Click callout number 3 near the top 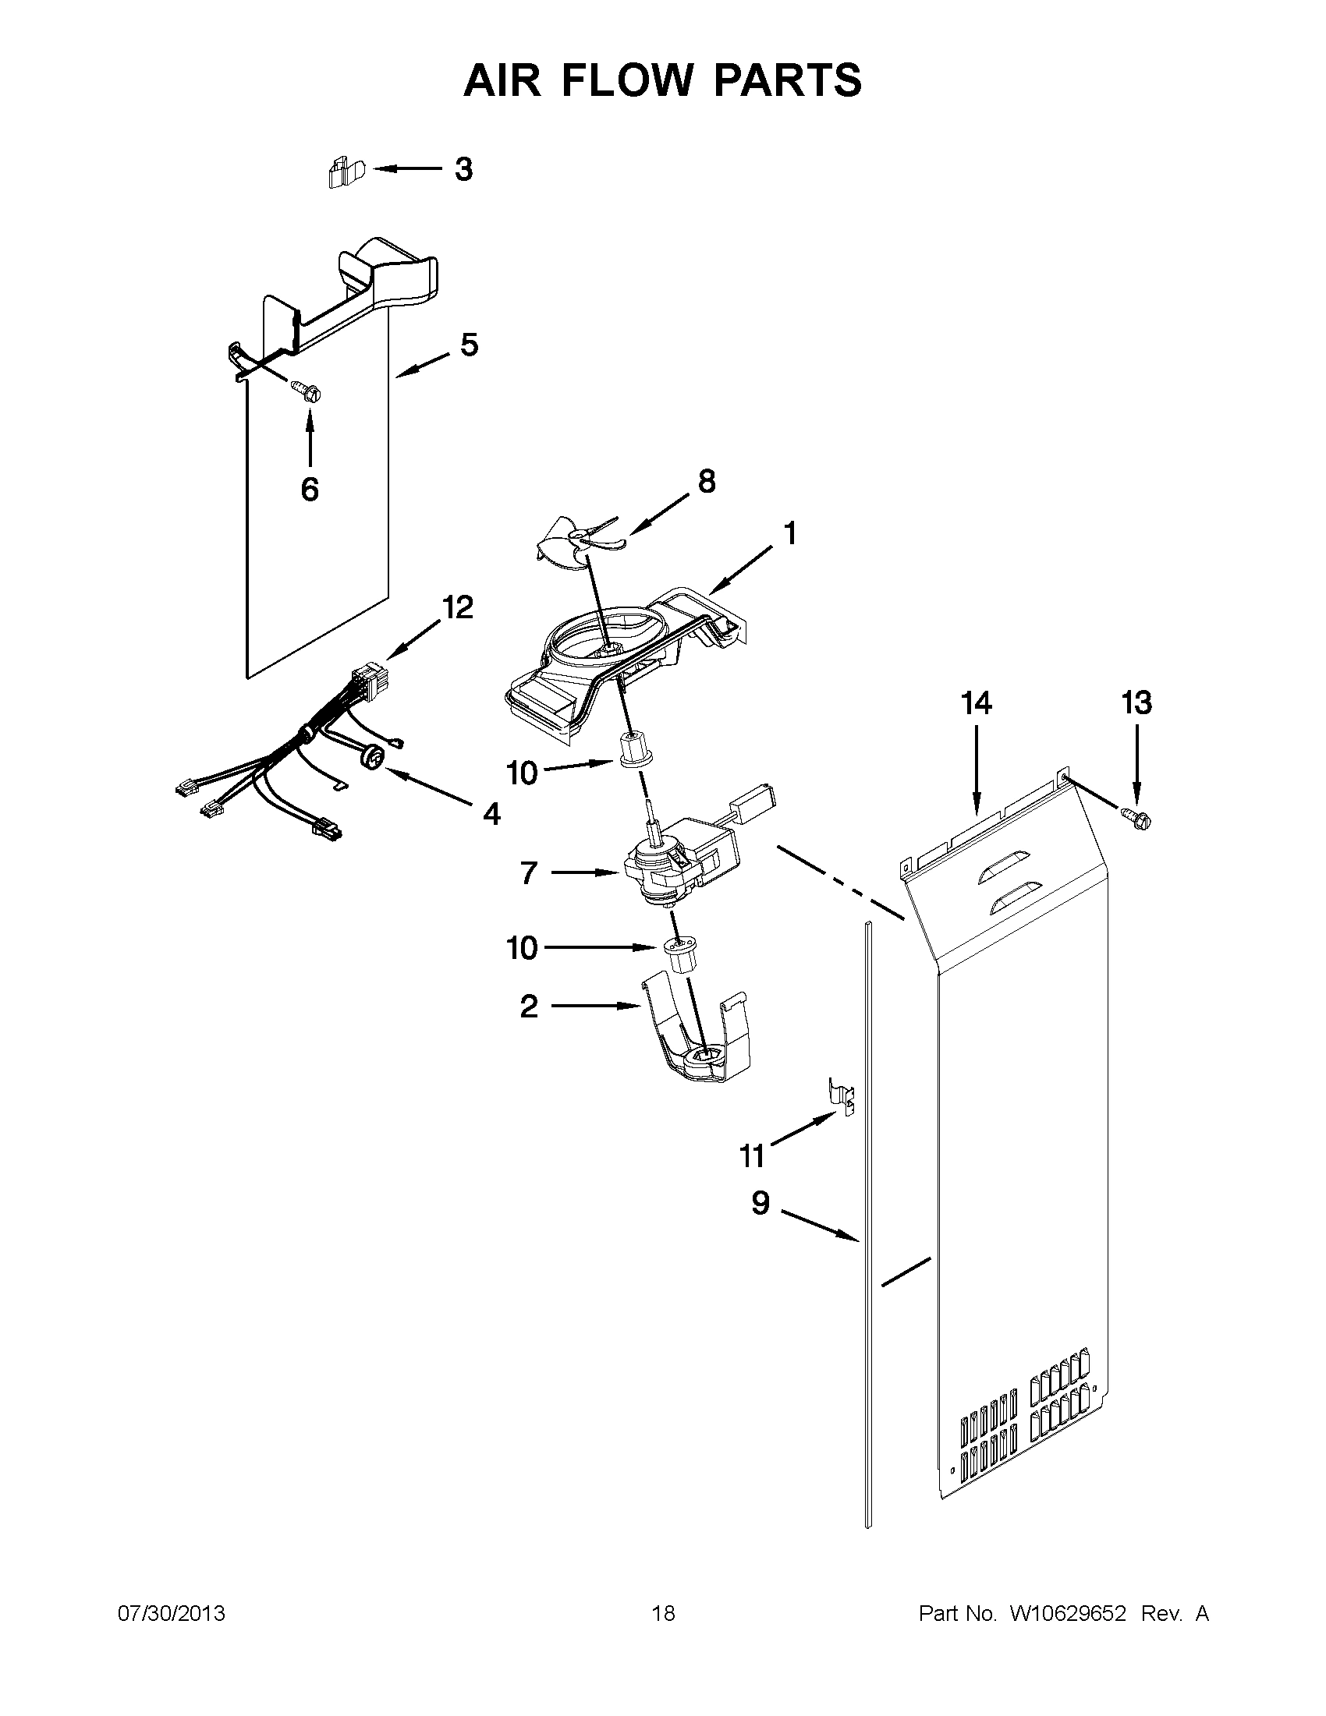[464, 170]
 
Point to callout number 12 [457, 607]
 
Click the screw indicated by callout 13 [1137, 818]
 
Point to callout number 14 [977, 702]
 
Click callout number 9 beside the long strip [760, 1203]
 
